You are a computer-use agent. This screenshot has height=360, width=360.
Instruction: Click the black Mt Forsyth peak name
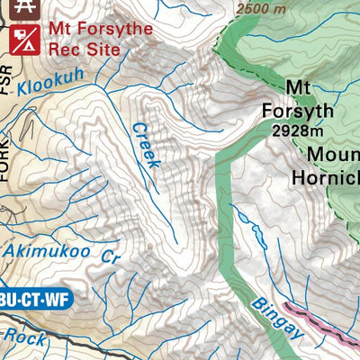[297, 100]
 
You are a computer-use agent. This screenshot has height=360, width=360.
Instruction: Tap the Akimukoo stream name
[46, 251]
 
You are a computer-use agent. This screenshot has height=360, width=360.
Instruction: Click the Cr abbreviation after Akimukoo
[110, 256]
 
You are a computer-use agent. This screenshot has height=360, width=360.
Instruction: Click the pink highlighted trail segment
[319, 320]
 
